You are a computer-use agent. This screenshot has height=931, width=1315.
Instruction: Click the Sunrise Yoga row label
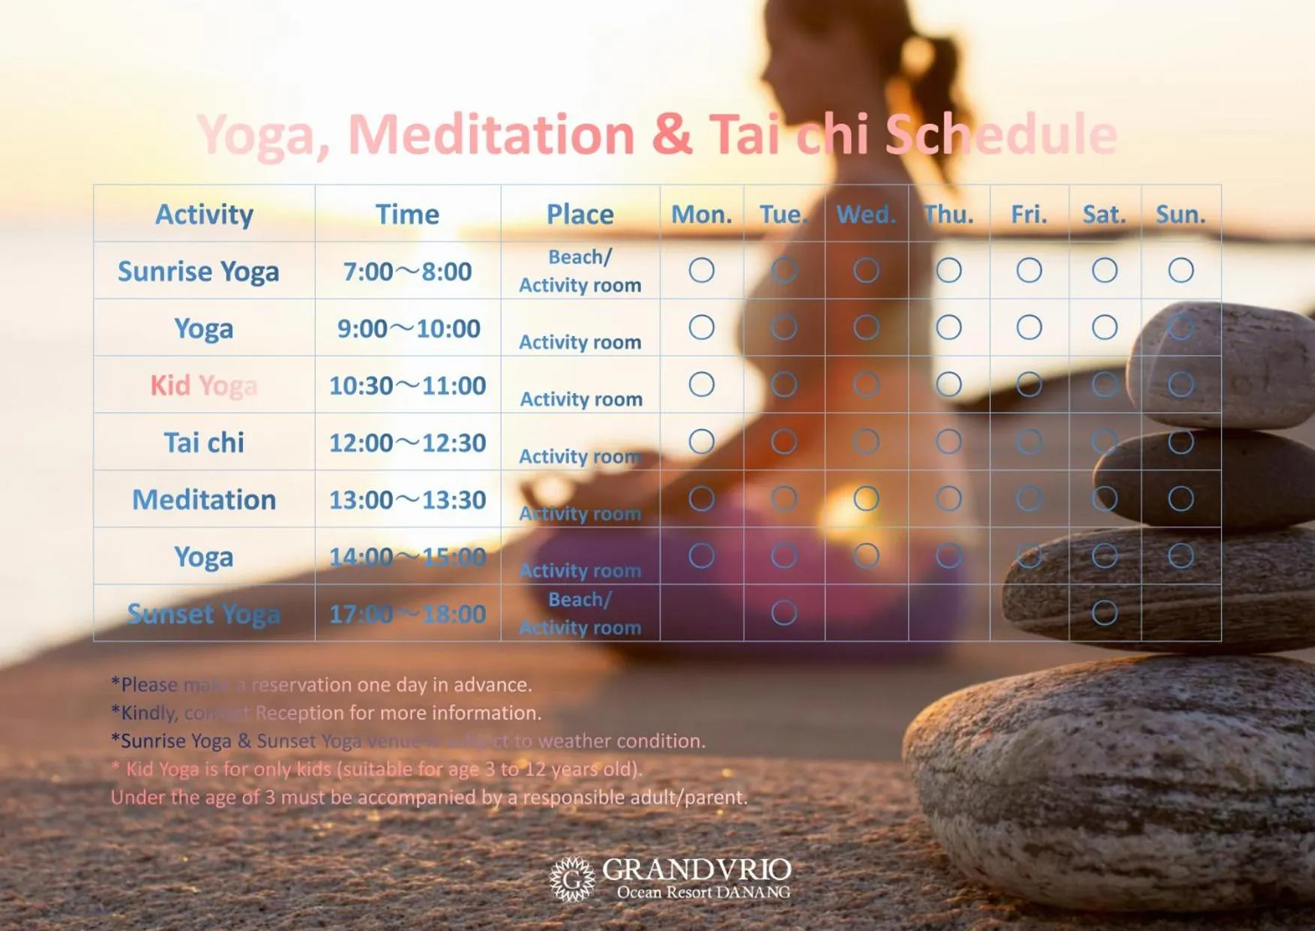[x=198, y=271]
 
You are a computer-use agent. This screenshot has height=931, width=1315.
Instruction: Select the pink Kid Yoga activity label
[x=203, y=386]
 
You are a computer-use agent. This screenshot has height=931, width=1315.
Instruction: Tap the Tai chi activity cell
[x=204, y=443]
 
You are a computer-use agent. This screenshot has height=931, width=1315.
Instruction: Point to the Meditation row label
[x=204, y=500]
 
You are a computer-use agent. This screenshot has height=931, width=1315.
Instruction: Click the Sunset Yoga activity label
[x=204, y=614]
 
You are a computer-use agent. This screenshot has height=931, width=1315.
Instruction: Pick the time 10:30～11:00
[x=408, y=386]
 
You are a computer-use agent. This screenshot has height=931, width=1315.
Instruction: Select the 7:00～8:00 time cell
[x=408, y=271]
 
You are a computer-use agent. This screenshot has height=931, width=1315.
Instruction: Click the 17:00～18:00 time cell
[x=408, y=614]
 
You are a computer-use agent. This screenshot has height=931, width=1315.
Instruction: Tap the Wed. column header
[x=866, y=215]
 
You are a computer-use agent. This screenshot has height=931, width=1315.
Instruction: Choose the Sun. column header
[x=1180, y=215]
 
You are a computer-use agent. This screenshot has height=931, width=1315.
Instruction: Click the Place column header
[x=580, y=215]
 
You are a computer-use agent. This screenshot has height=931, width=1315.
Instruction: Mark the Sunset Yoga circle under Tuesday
[x=783, y=613]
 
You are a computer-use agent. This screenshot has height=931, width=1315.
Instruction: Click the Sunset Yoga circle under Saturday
[x=1104, y=613]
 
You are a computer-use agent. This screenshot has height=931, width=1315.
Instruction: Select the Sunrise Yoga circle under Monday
[x=701, y=270]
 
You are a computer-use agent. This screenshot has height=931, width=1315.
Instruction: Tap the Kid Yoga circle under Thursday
[x=948, y=384]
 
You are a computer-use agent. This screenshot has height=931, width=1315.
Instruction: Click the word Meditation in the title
[x=491, y=135]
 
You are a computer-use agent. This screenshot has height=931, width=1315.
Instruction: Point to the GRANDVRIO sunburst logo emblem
[x=572, y=878]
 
